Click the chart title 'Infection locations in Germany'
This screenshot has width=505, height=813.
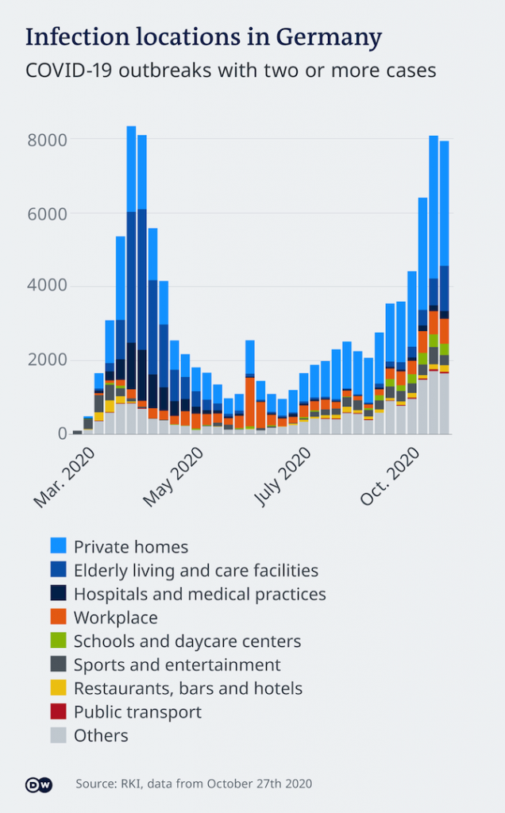click(203, 37)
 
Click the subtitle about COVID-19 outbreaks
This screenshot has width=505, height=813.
click(230, 70)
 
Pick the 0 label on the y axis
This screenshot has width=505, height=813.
click(61, 433)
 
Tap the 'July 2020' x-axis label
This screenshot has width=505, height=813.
click(283, 476)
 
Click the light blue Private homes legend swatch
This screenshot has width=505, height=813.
click(59, 546)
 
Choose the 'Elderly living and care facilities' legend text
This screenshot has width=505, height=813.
click(196, 570)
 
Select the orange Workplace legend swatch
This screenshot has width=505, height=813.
click(59, 617)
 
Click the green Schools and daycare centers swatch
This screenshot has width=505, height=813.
click(59, 641)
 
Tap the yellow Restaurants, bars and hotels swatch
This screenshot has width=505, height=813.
click(59, 688)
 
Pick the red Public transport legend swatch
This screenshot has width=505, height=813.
click(59, 711)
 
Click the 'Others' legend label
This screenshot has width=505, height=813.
click(101, 735)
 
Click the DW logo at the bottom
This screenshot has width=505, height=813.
click(38, 784)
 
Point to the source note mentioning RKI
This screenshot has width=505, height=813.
click(194, 784)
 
